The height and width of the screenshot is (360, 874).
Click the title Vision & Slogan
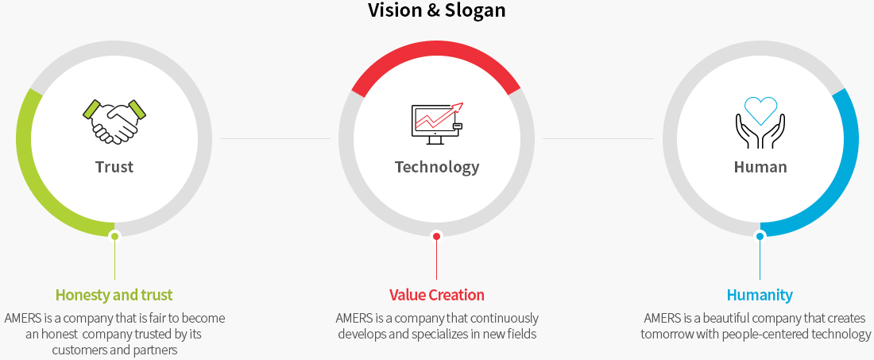pyautogui.click(x=436, y=10)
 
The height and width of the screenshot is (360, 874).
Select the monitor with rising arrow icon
pyautogui.click(x=437, y=124)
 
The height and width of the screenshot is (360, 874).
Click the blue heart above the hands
pyautogui.click(x=760, y=110)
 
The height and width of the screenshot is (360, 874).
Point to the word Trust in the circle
pyautogui.click(x=114, y=167)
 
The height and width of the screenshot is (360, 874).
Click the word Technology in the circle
pyautogui.click(x=437, y=167)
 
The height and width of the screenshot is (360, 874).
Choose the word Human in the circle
pyautogui.click(x=760, y=167)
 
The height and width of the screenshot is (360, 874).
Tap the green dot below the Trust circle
pyautogui.click(x=114, y=236)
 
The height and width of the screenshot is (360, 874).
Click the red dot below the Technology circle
pyautogui.click(x=437, y=236)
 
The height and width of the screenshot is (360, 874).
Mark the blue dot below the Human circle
pyautogui.click(x=760, y=236)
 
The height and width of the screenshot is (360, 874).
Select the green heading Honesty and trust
pyautogui.click(x=114, y=295)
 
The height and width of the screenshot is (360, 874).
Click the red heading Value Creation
pyautogui.click(x=437, y=295)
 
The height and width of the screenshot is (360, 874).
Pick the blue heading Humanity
pyautogui.click(x=760, y=295)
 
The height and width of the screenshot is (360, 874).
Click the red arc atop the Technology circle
pyautogui.click(x=437, y=48)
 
